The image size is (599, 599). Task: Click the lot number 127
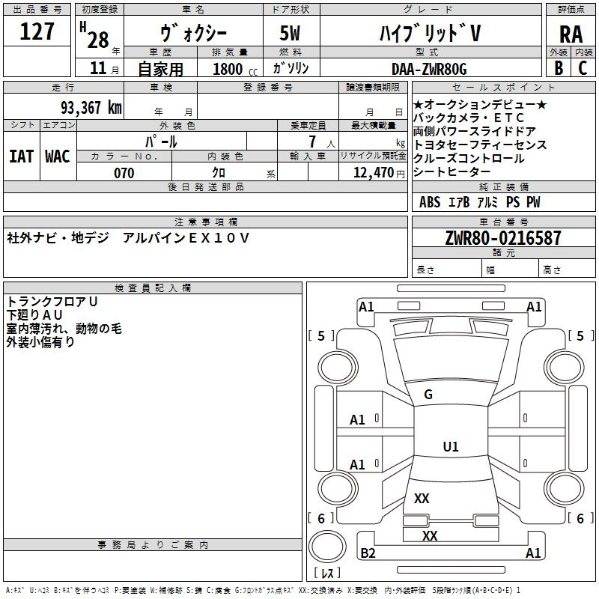pyautogui.click(x=37, y=31)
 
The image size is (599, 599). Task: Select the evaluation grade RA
pyautogui.click(x=570, y=34)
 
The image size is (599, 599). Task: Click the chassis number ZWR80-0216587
pyautogui.click(x=502, y=239)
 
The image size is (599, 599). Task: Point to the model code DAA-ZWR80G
pyautogui.click(x=429, y=69)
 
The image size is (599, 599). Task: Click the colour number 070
pyautogui.click(x=124, y=173)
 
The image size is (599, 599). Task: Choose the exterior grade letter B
pyautogui.click(x=558, y=67)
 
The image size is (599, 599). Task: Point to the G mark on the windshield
pyautogui.click(x=428, y=395)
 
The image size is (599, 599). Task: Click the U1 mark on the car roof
pyautogui.click(x=450, y=447)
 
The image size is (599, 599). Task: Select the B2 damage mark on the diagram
pyautogui.click(x=368, y=553)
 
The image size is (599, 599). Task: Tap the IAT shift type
pyautogui.click(x=22, y=156)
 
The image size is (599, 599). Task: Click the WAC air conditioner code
pyautogui.click(x=58, y=156)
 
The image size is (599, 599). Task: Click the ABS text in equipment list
pyautogui.click(x=430, y=202)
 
